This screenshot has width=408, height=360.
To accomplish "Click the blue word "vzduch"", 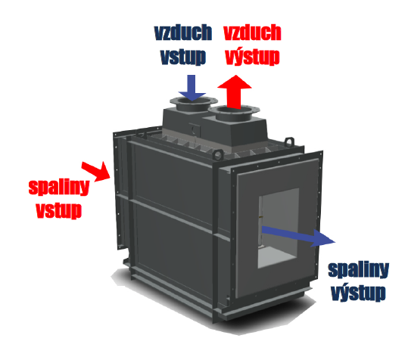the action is (183, 33).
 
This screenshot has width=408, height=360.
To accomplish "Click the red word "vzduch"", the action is (252, 33).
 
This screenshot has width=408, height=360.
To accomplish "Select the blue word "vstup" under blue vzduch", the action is (183, 57).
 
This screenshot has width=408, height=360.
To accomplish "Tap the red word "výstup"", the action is (252, 57).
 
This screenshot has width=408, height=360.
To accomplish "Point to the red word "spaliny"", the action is (59, 187).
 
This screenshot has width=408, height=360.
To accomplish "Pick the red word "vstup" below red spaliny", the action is (59, 210).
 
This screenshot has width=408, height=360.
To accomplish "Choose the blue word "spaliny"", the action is (358, 270).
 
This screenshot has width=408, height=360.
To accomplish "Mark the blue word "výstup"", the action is (358, 293).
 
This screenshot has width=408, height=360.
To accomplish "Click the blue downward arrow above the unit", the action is (192, 88).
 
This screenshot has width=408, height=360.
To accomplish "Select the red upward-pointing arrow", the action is (235, 92).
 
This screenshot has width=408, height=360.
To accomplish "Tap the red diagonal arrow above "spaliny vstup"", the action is (96, 171).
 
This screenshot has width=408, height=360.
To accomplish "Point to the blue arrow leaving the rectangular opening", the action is (298, 236).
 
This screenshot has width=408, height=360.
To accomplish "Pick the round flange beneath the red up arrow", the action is (234, 111).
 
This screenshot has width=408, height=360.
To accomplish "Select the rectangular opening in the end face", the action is (278, 228).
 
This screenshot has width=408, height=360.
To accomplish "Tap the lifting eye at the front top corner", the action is (217, 155).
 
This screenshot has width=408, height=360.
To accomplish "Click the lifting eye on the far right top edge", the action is (289, 142).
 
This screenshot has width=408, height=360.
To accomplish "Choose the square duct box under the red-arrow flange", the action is (234, 132).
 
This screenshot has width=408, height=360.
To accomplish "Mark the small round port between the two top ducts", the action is (193, 129).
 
